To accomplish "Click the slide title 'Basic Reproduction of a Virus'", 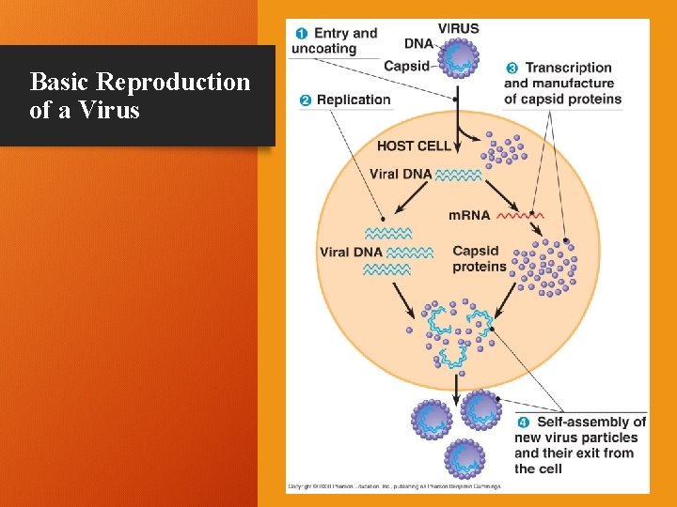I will (x=139, y=96).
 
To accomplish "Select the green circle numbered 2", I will (x=306, y=100).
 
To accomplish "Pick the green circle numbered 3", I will (x=512, y=68).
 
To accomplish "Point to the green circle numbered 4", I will (x=523, y=422).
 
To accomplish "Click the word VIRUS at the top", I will (x=459, y=28).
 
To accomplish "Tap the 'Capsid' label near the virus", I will (x=406, y=67).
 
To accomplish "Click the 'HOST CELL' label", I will (x=414, y=146).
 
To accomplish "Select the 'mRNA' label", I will (x=469, y=215).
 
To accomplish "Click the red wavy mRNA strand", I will (x=519, y=216).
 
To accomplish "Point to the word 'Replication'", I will (x=354, y=100).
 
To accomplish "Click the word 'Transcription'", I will (x=568, y=68).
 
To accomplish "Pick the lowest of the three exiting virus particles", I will (x=464, y=457).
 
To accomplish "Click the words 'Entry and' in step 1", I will (x=345, y=33).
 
